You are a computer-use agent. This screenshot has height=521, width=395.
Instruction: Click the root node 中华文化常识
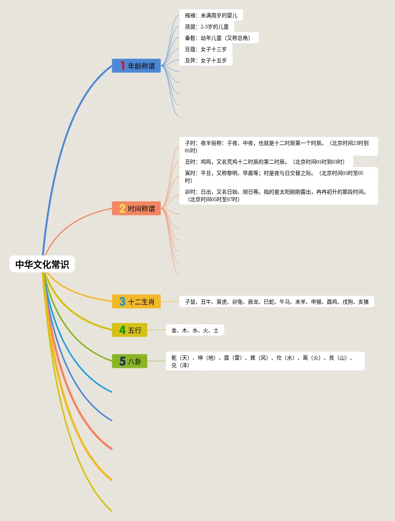point(42,264)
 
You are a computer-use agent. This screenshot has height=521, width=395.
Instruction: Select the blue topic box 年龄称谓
point(137,66)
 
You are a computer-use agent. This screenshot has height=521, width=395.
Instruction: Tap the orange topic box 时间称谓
point(137,208)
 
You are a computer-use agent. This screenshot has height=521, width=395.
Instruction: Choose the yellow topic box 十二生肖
point(137,301)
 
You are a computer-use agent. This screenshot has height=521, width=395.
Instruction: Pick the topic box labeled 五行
point(130,330)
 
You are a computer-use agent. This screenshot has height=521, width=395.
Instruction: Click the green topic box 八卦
point(130,361)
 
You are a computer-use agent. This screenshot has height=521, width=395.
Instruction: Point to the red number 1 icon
point(122,66)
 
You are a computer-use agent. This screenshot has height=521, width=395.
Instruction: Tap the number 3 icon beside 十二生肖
point(122,301)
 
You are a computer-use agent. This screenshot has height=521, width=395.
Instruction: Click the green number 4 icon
point(122,330)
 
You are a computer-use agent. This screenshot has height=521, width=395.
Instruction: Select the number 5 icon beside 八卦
point(122,361)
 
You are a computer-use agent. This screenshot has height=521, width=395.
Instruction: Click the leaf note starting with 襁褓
point(211,15)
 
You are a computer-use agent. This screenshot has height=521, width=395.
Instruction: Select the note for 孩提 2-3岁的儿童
point(207,27)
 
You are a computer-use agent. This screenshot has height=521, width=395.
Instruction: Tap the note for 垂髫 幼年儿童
point(219,38)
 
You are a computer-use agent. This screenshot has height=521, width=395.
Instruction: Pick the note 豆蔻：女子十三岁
point(206,49)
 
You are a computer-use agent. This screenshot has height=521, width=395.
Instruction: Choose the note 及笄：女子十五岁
point(206,60)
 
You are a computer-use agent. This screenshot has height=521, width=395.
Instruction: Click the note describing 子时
point(278,147)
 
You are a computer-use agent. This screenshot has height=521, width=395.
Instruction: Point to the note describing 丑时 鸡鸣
point(266,162)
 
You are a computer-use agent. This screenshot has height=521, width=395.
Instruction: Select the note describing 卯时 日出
point(278,196)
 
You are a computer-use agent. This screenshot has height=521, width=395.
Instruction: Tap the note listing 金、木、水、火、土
point(195,330)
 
